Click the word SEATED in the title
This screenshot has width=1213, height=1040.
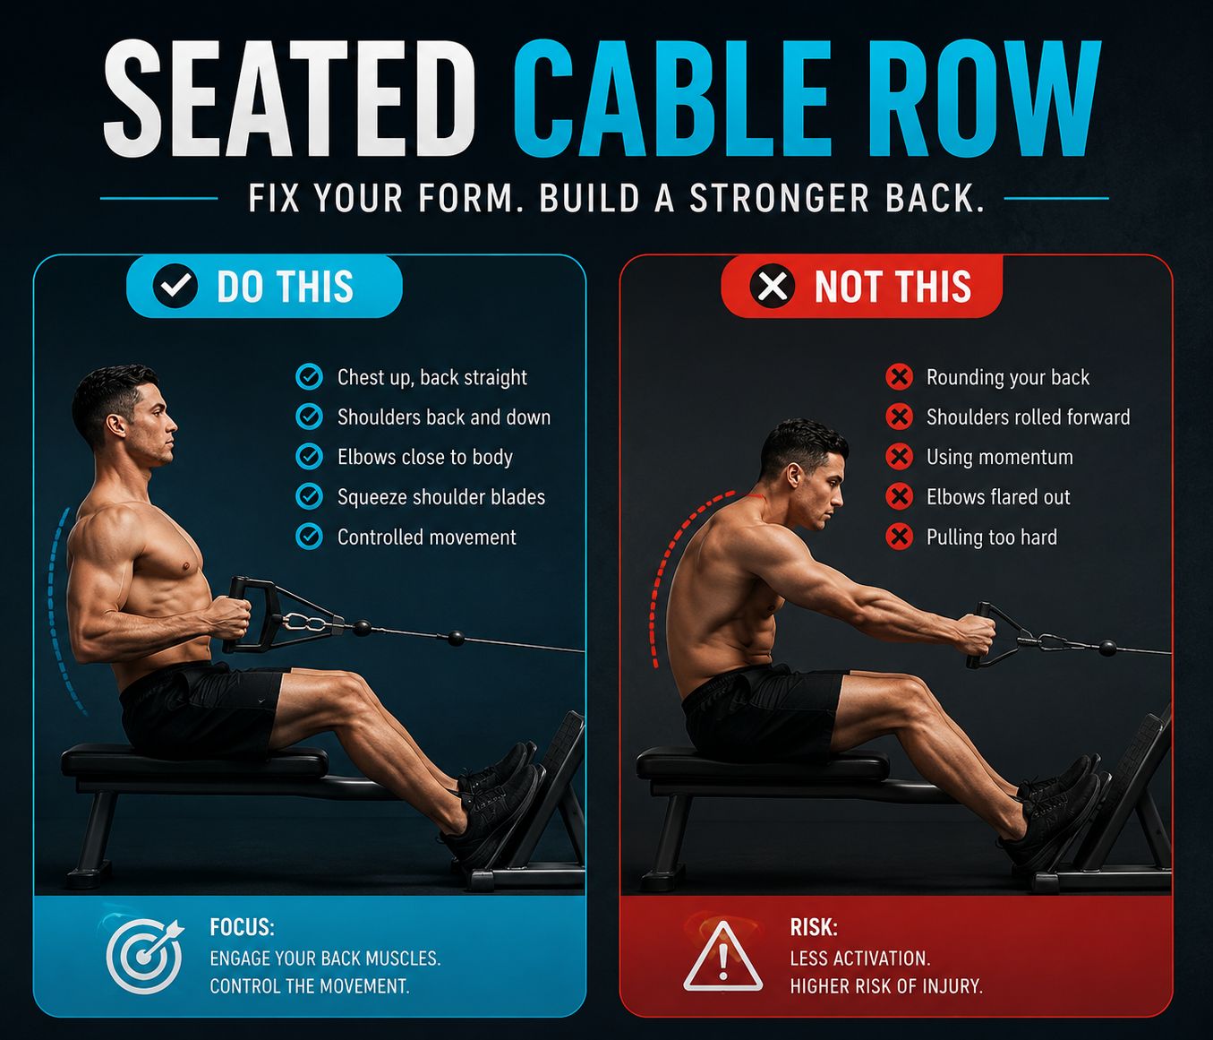(x=288, y=98)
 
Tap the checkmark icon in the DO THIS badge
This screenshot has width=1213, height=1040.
(x=175, y=286)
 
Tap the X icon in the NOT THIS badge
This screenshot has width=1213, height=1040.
(x=773, y=286)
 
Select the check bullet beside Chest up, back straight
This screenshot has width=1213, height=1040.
(x=309, y=377)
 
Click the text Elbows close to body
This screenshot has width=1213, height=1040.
(x=425, y=457)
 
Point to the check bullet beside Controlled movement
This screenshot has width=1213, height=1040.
(x=309, y=537)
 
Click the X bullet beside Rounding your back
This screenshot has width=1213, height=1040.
(x=899, y=377)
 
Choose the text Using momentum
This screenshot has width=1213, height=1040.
(x=999, y=457)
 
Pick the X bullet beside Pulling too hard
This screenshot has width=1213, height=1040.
(x=899, y=537)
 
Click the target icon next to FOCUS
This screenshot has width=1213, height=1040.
(x=144, y=956)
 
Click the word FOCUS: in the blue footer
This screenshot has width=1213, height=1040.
(x=242, y=927)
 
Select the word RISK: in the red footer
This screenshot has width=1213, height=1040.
(x=814, y=927)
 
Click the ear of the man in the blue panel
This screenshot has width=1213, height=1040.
(x=115, y=425)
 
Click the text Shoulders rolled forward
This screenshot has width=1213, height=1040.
(x=1029, y=417)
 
